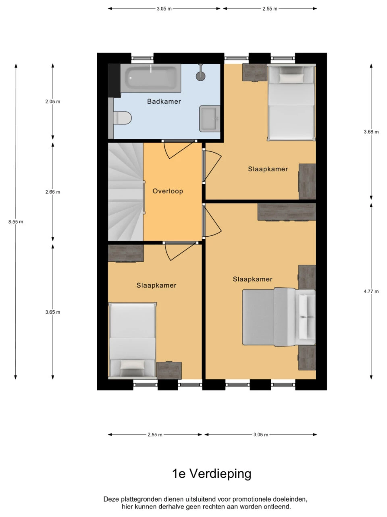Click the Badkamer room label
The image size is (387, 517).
point(164,101)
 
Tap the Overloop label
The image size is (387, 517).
point(168,191)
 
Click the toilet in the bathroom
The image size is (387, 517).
point(123,118)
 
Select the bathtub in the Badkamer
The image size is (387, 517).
point(151,78)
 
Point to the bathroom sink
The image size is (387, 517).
point(210,118)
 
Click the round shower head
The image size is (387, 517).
point(201,76)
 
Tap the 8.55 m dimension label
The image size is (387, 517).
point(16,222)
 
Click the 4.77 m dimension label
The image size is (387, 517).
point(371,291)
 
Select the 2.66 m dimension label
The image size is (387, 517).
point(53,192)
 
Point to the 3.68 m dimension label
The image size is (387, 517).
point(371,132)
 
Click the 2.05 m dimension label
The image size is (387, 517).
point(53,101)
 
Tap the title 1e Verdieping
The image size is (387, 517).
point(212,474)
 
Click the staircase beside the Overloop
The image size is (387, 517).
point(126,192)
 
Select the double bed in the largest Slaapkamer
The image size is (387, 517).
point(279,317)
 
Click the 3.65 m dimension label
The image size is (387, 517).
point(53,312)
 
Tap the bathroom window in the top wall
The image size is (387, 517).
point(142,58)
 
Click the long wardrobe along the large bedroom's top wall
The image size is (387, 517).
point(287,212)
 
